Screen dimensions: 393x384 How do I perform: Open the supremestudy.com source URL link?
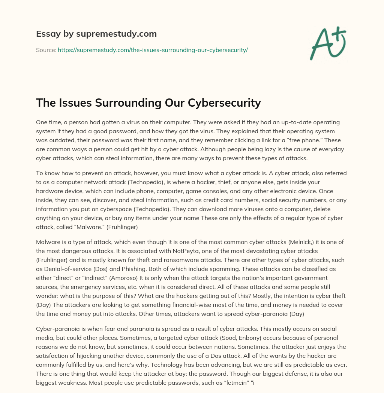point(153,50)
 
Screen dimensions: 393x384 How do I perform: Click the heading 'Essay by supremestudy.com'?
point(96,34)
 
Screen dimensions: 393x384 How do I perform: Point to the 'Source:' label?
point(46,50)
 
